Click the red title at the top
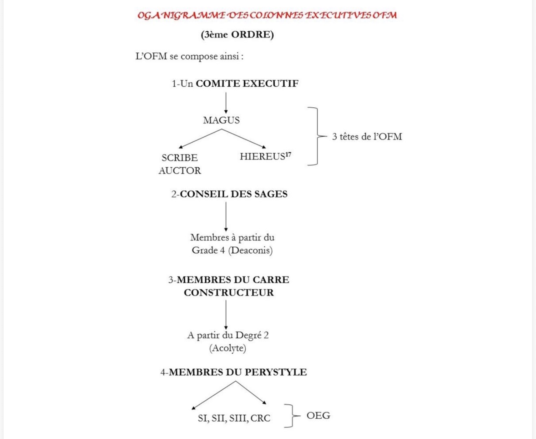(267, 15)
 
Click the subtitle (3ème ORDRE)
(237, 35)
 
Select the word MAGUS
(221, 120)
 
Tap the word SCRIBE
(179, 158)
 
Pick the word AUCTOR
(179, 171)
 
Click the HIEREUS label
(262, 157)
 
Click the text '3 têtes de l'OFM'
(367, 137)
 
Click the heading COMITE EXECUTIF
(247, 84)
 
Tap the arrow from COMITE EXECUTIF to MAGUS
(226, 102)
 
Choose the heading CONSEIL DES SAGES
(233, 194)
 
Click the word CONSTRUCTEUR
(229, 293)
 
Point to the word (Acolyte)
(228, 348)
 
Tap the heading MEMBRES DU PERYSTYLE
(238, 372)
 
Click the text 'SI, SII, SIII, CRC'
(234, 418)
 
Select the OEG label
(318, 415)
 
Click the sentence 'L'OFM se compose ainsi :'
(189, 57)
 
